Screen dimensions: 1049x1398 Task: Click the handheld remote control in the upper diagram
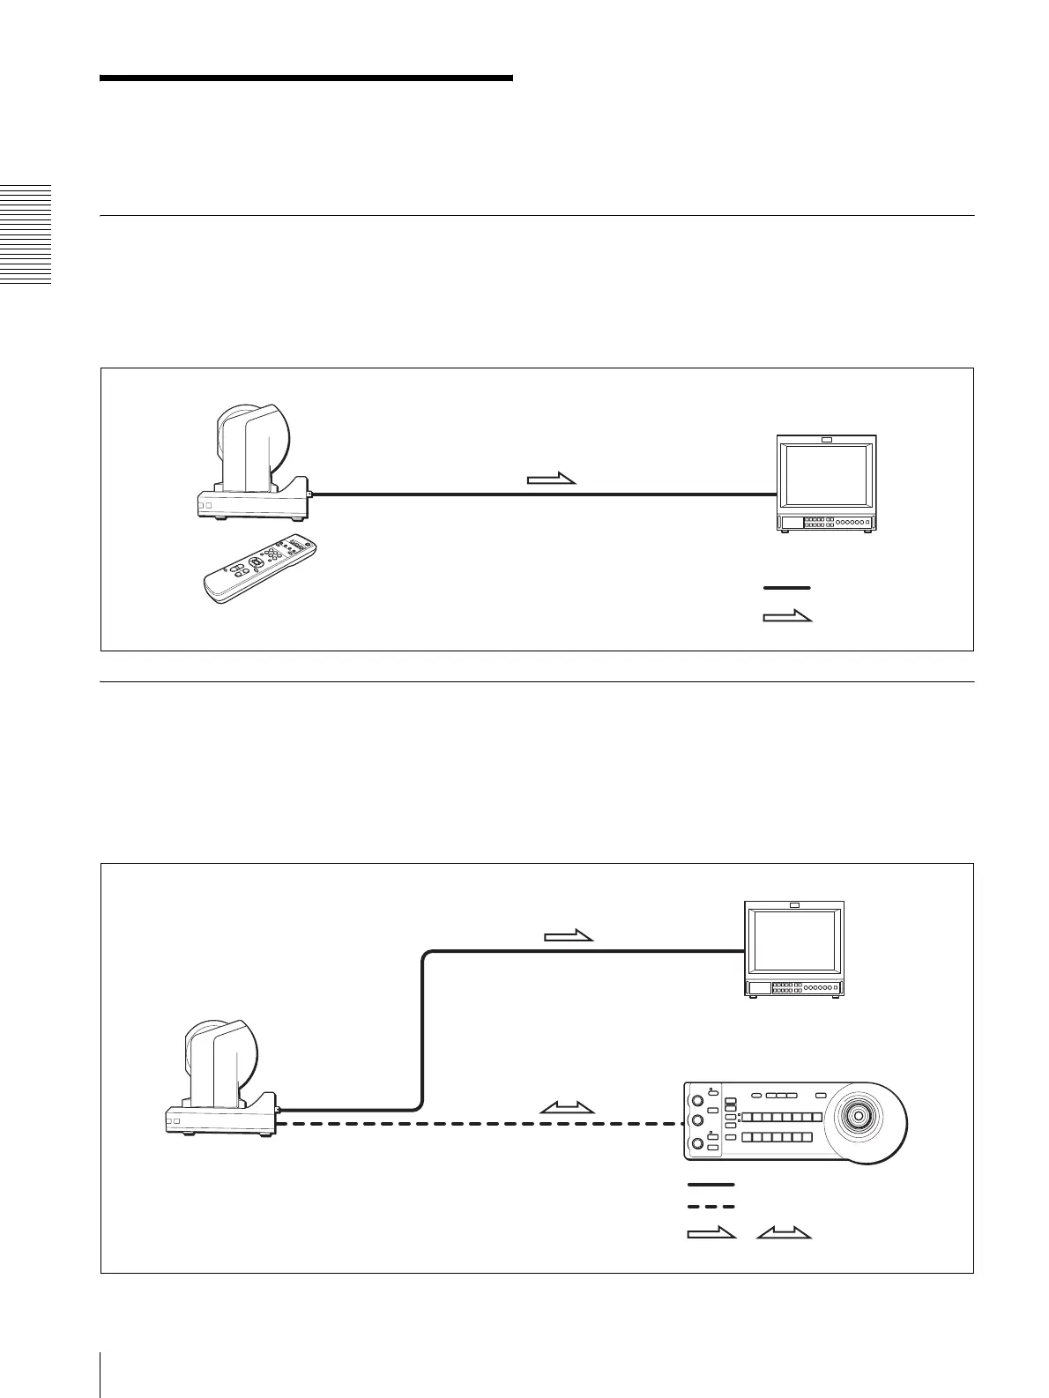[258, 569]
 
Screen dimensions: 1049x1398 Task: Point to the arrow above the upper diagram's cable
[551, 480]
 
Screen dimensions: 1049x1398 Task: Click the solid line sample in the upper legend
[786, 587]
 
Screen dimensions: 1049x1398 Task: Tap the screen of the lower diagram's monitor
[794, 944]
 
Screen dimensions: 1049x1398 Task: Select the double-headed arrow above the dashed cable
[568, 1107]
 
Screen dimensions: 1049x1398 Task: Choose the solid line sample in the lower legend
[710, 1185]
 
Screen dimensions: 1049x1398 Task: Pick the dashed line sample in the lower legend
[710, 1207]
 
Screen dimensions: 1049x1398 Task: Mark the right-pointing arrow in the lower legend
[710, 1233]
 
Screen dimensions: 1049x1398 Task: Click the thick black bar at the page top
[306, 78]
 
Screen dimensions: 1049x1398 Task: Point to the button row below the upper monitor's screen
[826, 523]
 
